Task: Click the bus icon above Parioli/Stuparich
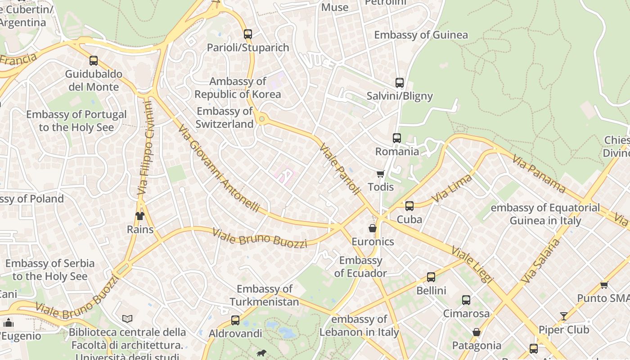pyautogui.click(x=247, y=34)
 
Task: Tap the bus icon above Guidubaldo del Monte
pyautogui.click(x=94, y=60)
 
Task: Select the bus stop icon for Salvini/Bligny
pyautogui.click(x=399, y=82)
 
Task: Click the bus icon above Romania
pyautogui.click(x=396, y=138)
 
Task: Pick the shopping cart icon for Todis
pyautogui.click(x=380, y=174)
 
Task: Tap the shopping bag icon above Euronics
pyautogui.click(x=372, y=228)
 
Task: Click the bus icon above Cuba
pyautogui.click(x=409, y=206)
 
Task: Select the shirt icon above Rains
pyautogui.click(x=140, y=216)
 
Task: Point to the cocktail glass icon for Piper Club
pyautogui.click(x=563, y=316)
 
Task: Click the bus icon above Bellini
pyautogui.click(x=431, y=277)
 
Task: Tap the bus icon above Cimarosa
pyautogui.click(x=466, y=300)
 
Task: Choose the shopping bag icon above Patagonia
pyautogui.click(x=476, y=333)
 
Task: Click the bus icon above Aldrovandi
pyautogui.click(x=235, y=320)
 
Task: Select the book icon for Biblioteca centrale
pyautogui.click(x=127, y=319)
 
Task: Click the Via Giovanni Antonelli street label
pyautogui.click(x=219, y=168)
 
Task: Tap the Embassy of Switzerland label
pyautogui.click(x=225, y=117)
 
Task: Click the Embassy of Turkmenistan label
pyautogui.click(x=264, y=295)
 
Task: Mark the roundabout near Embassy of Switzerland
pyautogui.click(x=261, y=119)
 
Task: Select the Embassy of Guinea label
pyautogui.click(x=421, y=35)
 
